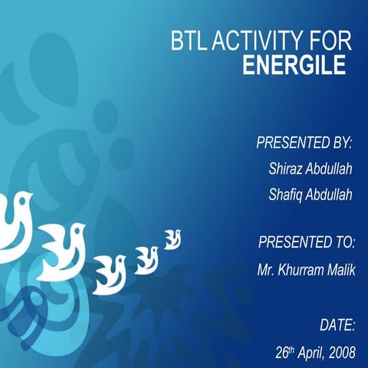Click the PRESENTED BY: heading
[x=304, y=143]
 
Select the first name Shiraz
[x=286, y=169]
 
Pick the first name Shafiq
[x=286, y=195]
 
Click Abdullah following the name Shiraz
[x=329, y=169]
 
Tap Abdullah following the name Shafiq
[x=329, y=195]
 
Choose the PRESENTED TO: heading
[x=306, y=243]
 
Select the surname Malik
[x=340, y=270]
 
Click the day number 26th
[x=284, y=353]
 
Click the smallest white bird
[x=172, y=239]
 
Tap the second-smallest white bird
[x=146, y=258]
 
